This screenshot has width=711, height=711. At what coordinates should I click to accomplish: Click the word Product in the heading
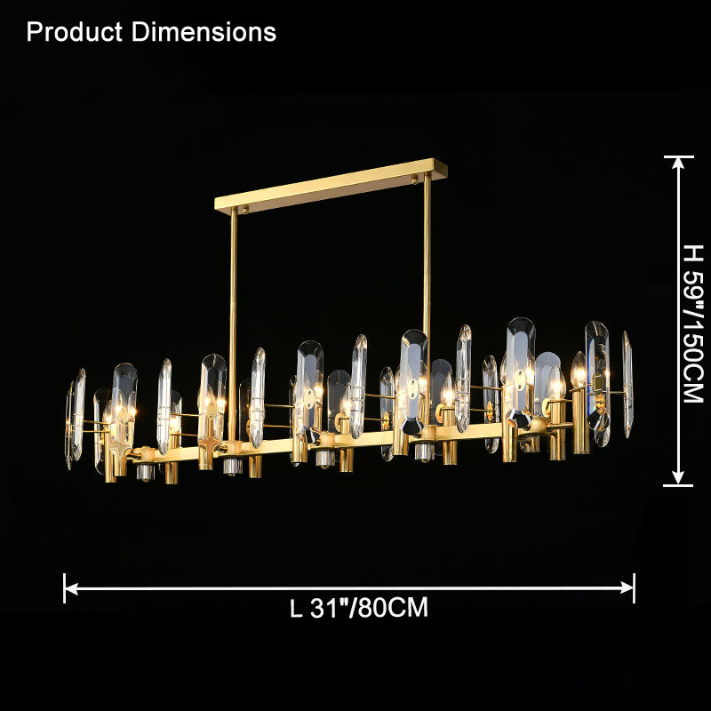pyautogui.click(x=76, y=32)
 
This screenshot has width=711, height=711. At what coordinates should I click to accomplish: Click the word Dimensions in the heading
pyautogui.click(x=204, y=32)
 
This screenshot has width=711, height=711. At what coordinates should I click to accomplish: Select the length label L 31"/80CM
pyautogui.click(x=359, y=608)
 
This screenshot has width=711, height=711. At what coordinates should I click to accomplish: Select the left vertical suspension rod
pyautogui.click(x=234, y=320)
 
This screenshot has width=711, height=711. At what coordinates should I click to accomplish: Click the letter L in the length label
pyautogui.click(x=296, y=609)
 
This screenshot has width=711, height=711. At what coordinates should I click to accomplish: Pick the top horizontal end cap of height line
pyautogui.click(x=679, y=156)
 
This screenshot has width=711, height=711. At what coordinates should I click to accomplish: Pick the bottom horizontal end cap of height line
pyautogui.click(x=679, y=485)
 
